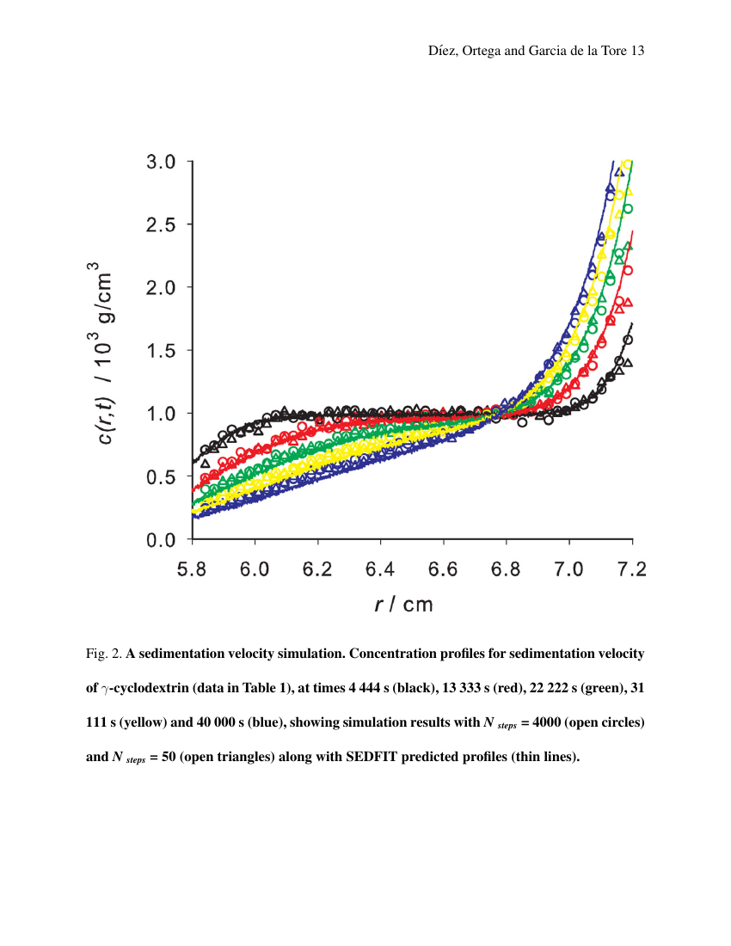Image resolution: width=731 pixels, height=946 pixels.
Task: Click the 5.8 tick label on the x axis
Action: click(x=193, y=568)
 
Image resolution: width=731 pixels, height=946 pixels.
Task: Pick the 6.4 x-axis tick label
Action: click(x=381, y=568)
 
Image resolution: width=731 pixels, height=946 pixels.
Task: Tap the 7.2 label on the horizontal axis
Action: click(x=632, y=568)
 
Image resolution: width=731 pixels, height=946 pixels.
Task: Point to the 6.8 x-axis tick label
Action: click(x=507, y=568)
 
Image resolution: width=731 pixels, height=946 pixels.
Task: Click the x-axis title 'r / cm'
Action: click(x=404, y=605)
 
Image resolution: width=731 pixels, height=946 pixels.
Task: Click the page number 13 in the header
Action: click(x=637, y=51)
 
